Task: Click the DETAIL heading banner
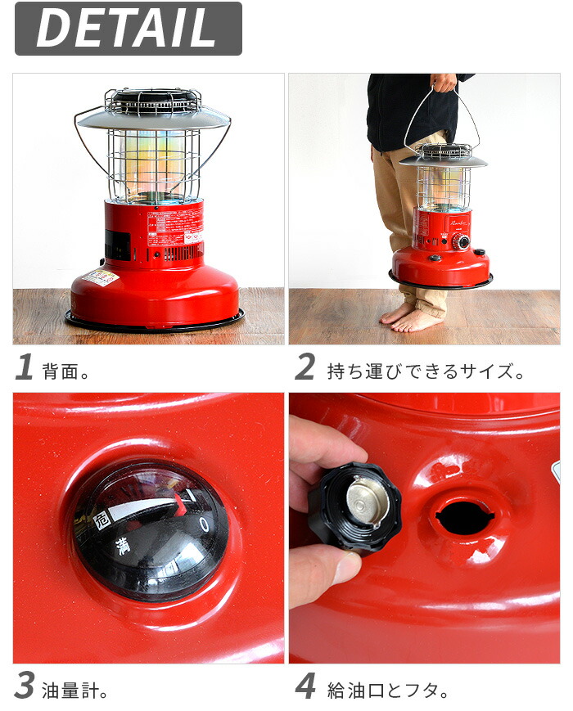point(128,29)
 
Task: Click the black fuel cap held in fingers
point(355,507)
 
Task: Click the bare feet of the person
point(413,317)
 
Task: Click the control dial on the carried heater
point(462,243)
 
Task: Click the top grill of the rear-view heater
point(152,101)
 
